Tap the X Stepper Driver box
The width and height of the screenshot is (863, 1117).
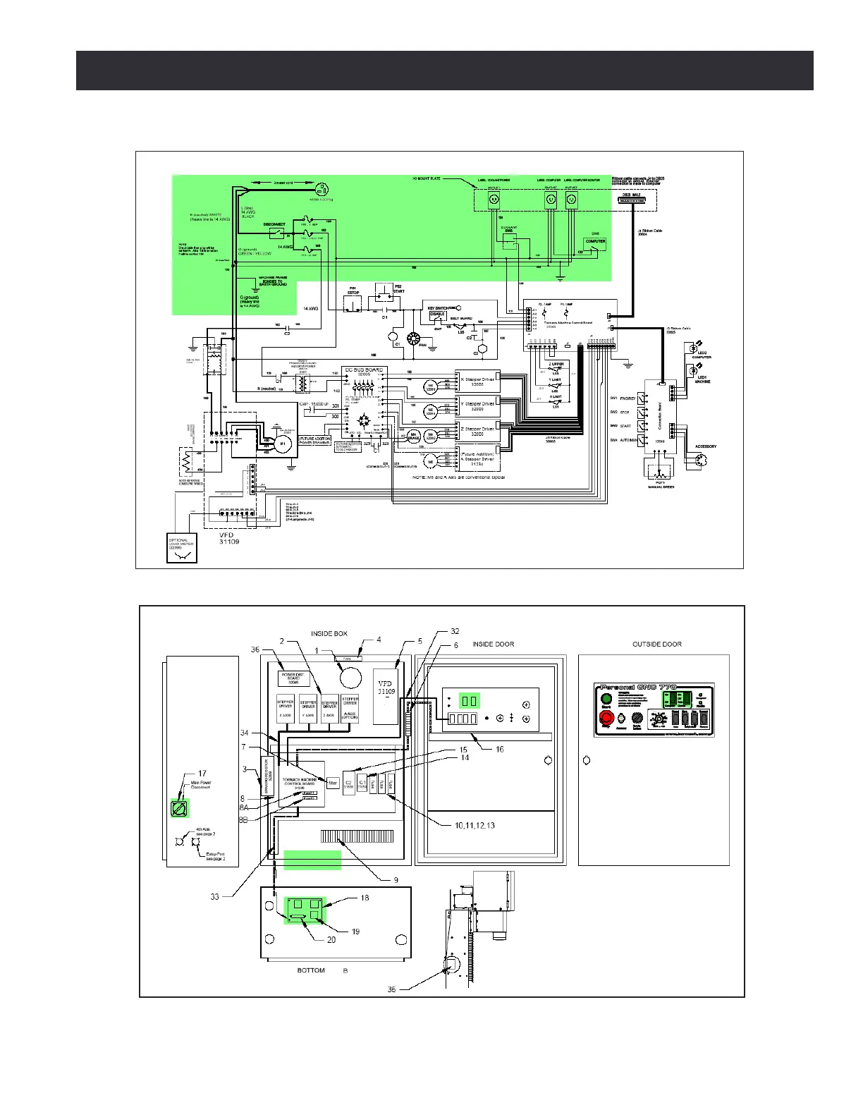tap(478, 382)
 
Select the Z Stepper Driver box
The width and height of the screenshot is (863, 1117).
tap(478, 432)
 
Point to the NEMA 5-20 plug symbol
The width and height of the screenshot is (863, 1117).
tap(321, 189)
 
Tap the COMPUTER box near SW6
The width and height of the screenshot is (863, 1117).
tap(595, 243)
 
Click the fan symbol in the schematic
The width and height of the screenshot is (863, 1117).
tap(423, 339)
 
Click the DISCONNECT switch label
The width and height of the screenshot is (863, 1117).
tap(274, 224)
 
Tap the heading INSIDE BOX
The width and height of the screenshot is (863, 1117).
tap(329, 634)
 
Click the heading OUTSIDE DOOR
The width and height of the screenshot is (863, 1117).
tap(656, 644)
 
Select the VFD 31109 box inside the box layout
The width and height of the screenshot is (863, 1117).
tap(386, 695)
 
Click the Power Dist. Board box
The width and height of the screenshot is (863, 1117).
tap(294, 678)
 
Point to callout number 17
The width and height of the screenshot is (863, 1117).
tap(202, 774)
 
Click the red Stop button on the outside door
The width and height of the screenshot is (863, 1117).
tap(606, 717)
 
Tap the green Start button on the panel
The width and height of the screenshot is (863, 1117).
tap(606, 700)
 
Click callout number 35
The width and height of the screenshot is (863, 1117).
tap(391, 989)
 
